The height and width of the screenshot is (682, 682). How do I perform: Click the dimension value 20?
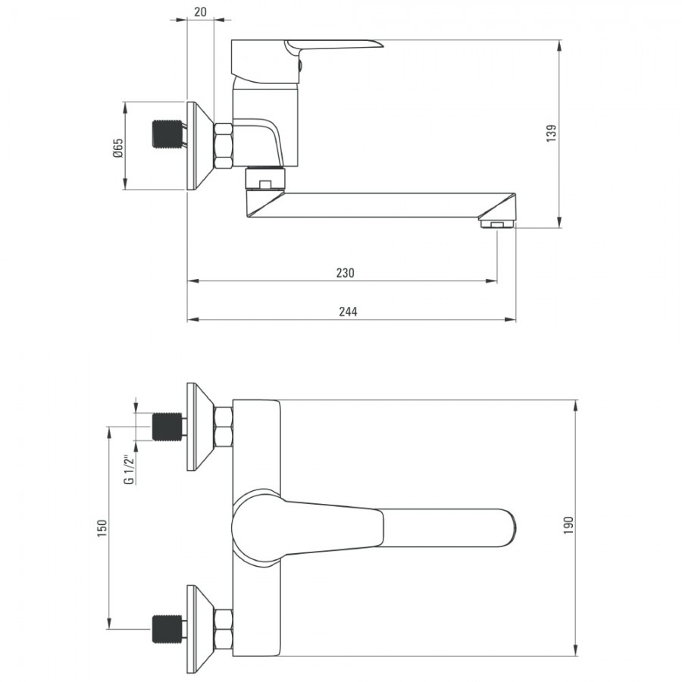coord(200,11)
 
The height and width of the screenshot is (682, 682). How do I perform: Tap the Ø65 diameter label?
coord(118,148)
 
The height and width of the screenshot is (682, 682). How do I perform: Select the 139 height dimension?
coord(551,133)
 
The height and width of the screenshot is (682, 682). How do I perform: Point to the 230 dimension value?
coord(346,273)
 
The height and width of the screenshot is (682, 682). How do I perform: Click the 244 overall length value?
coord(348,311)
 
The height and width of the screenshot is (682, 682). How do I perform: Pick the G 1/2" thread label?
coord(129,470)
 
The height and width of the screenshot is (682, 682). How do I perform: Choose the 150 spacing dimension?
coord(102,528)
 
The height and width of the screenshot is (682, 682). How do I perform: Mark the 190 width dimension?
coord(568,525)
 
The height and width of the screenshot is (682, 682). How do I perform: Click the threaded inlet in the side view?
coord(167,133)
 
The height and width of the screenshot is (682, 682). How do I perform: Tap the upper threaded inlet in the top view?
coord(167,427)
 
